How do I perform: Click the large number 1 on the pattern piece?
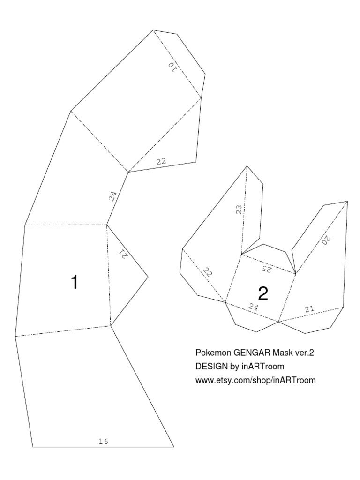pyautogui.click(x=74, y=282)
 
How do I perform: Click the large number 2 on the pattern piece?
pyautogui.click(x=263, y=294)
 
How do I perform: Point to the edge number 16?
pyautogui.click(x=104, y=441)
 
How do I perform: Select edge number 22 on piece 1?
pyautogui.click(x=161, y=162)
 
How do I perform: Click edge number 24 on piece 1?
pyautogui.click(x=112, y=196)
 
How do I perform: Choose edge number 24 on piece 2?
pyautogui.click(x=254, y=307)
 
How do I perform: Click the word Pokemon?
pyautogui.click(x=210, y=352)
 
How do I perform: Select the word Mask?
pyautogui.click(x=275, y=352)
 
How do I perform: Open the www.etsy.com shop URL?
pyautogui.click(x=255, y=380)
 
